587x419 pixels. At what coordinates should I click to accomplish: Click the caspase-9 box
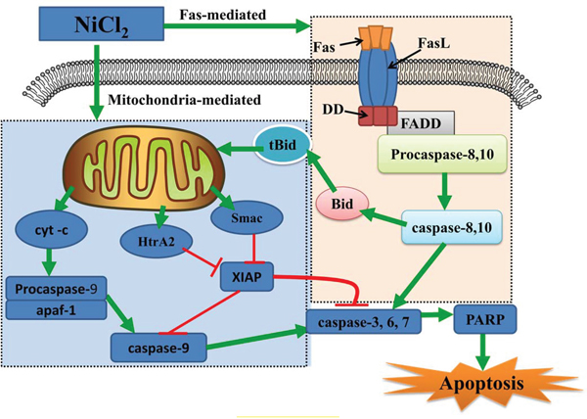click(x=155, y=345)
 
